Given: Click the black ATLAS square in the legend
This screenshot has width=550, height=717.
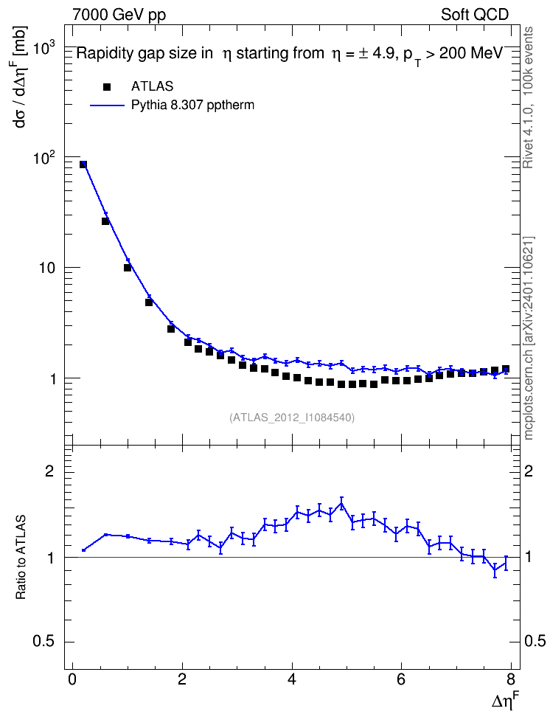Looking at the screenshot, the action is point(107,87).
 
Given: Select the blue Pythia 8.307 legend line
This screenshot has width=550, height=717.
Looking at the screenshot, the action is point(108,105).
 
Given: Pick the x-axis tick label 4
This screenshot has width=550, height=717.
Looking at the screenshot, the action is point(292,679).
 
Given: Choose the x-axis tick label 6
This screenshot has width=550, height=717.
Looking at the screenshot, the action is point(401,679).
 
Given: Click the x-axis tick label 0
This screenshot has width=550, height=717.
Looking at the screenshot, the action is point(72,679).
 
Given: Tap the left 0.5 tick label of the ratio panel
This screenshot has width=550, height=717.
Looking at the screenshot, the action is point(43,642).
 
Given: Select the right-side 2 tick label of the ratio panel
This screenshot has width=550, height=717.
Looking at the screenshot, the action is point(529,471).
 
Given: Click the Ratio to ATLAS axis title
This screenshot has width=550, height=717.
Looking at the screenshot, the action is point(21,557).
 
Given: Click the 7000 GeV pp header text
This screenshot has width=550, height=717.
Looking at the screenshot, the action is point(119,15).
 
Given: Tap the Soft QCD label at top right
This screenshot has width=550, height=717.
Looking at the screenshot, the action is point(475,15).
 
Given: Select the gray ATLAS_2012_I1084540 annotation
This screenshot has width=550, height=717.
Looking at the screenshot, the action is point(292,417).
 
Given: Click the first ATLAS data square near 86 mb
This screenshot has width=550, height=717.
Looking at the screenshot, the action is point(83,164).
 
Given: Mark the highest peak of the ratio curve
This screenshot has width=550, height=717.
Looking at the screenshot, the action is point(341,503).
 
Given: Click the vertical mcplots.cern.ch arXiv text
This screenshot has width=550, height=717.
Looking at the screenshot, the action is point(529,339).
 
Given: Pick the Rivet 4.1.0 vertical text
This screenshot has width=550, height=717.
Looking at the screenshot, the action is point(528,97).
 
